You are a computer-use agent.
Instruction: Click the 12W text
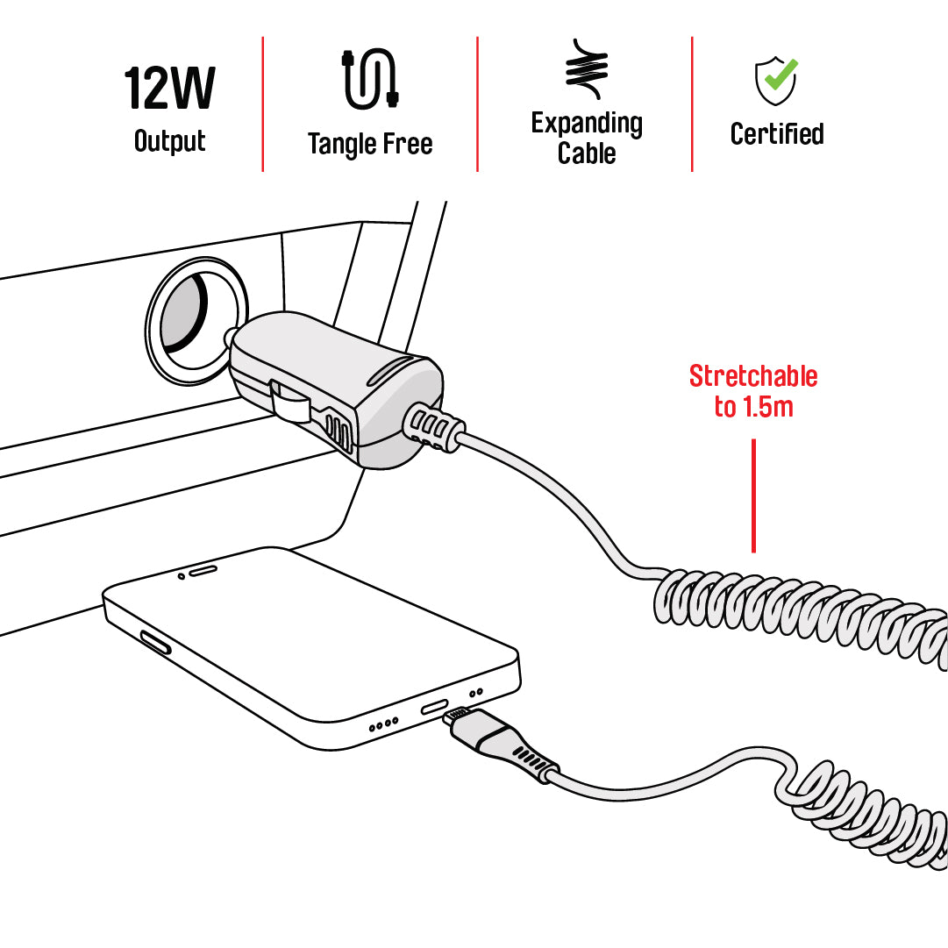pos(169,88)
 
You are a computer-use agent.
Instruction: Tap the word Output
pos(170,141)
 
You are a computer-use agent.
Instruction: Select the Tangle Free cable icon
pos(370,79)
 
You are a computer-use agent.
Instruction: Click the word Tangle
pos(342,145)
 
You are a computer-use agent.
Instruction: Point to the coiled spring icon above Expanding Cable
pos(587,69)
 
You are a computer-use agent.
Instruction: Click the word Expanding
pos(587,124)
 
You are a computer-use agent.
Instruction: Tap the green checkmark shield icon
pos(776,81)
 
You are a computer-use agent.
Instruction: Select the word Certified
pos(777,133)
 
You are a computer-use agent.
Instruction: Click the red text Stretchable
pos(753,376)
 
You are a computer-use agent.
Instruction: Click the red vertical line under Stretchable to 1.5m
pos(753,495)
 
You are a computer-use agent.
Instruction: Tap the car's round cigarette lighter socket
pos(196,320)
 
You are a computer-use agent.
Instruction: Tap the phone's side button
pos(156,643)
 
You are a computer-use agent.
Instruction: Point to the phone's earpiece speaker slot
pos(203,570)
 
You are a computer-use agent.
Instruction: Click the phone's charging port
pos(435,706)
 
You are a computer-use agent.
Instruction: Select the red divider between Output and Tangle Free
pos(263,104)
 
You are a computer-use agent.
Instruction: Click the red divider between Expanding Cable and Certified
pos(692,104)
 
